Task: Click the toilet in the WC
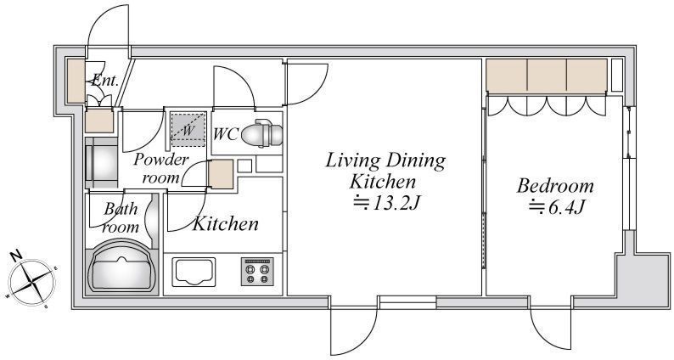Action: pos(261,133)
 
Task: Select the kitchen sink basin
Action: pos(194,272)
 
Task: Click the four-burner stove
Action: pos(257,272)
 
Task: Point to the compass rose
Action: pos(31,282)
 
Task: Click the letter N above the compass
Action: pos(16,256)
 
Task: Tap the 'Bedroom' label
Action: pos(555,186)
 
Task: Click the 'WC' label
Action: pos(226,134)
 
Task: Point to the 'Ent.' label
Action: pos(105,81)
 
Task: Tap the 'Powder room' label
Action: pos(160,168)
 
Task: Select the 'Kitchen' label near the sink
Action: pos(225,223)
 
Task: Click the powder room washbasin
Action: pos(102,162)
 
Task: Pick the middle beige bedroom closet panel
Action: pos(547,76)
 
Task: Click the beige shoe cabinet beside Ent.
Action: pos(76,81)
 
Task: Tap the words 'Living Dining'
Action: pos(385,161)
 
